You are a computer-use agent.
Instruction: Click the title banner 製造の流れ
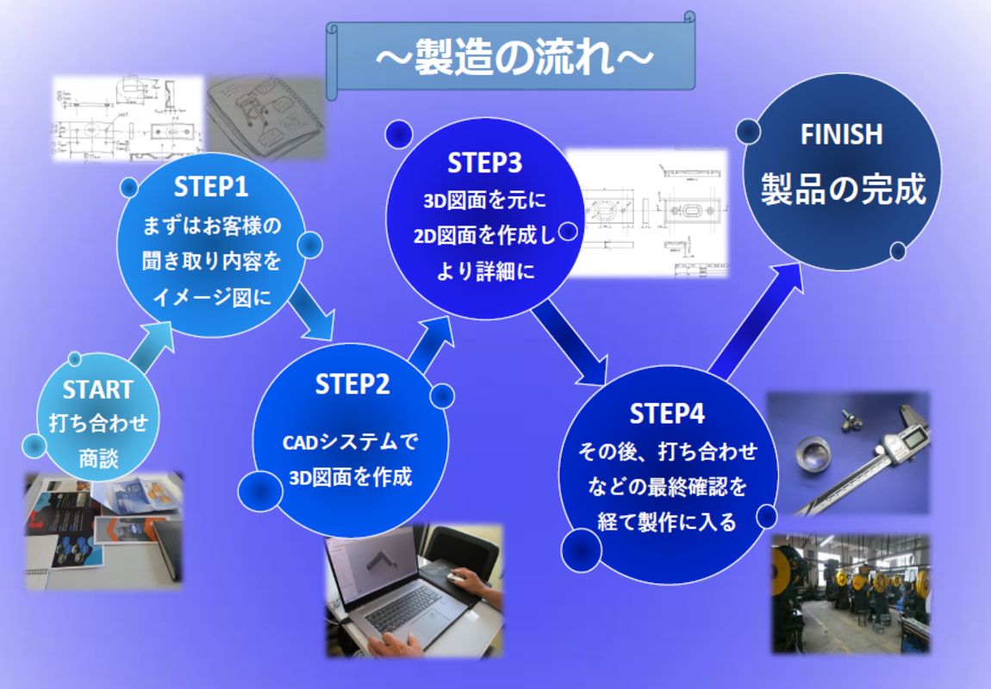tap(511, 57)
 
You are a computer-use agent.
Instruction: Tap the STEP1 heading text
tap(211, 187)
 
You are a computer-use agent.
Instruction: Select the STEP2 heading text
tap(352, 384)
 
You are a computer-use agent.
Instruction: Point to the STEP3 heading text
tap(485, 163)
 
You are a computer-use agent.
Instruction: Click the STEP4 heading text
tap(667, 413)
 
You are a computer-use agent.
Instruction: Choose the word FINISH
tap(841, 134)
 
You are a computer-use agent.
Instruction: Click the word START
tap(98, 389)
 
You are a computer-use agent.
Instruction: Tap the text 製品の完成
tap(843, 189)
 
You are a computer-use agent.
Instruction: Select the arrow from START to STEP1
tap(150, 348)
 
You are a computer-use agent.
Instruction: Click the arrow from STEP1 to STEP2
tap(311, 312)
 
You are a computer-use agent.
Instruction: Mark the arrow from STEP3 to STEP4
tap(569, 344)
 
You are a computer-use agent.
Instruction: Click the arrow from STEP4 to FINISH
tap(756, 322)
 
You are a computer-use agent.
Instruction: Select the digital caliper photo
tap(848, 453)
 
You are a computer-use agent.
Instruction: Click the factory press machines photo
tap(851, 594)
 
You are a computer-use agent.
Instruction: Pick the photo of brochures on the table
tap(103, 531)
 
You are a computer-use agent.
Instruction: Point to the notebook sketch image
tap(265, 118)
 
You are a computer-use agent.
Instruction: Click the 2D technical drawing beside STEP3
tap(646, 214)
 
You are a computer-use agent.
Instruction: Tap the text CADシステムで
tap(350, 442)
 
